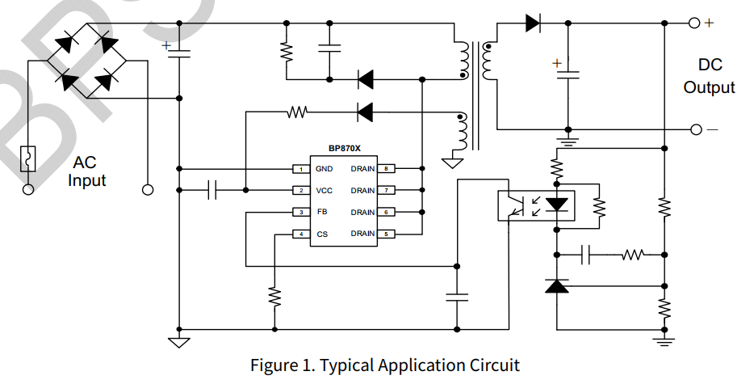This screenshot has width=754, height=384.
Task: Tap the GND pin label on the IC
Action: click(x=324, y=169)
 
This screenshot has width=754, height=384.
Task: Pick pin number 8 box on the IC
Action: click(x=387, y=169)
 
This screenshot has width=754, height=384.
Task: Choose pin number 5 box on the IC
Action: click(x=387, y=234)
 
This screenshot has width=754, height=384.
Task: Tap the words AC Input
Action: click(x=86, y=171)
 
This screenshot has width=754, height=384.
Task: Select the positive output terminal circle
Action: click(x=694, y=23)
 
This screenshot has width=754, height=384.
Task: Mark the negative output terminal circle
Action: click(x=694, y=129)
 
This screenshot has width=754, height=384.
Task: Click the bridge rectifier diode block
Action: click(x=86, y=61)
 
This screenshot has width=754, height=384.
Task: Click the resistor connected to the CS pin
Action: click(x=274, y=297)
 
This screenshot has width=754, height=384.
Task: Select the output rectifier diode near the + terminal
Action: click(x=532, y=23)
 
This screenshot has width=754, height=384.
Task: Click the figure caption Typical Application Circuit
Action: click(x=384, y=365)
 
